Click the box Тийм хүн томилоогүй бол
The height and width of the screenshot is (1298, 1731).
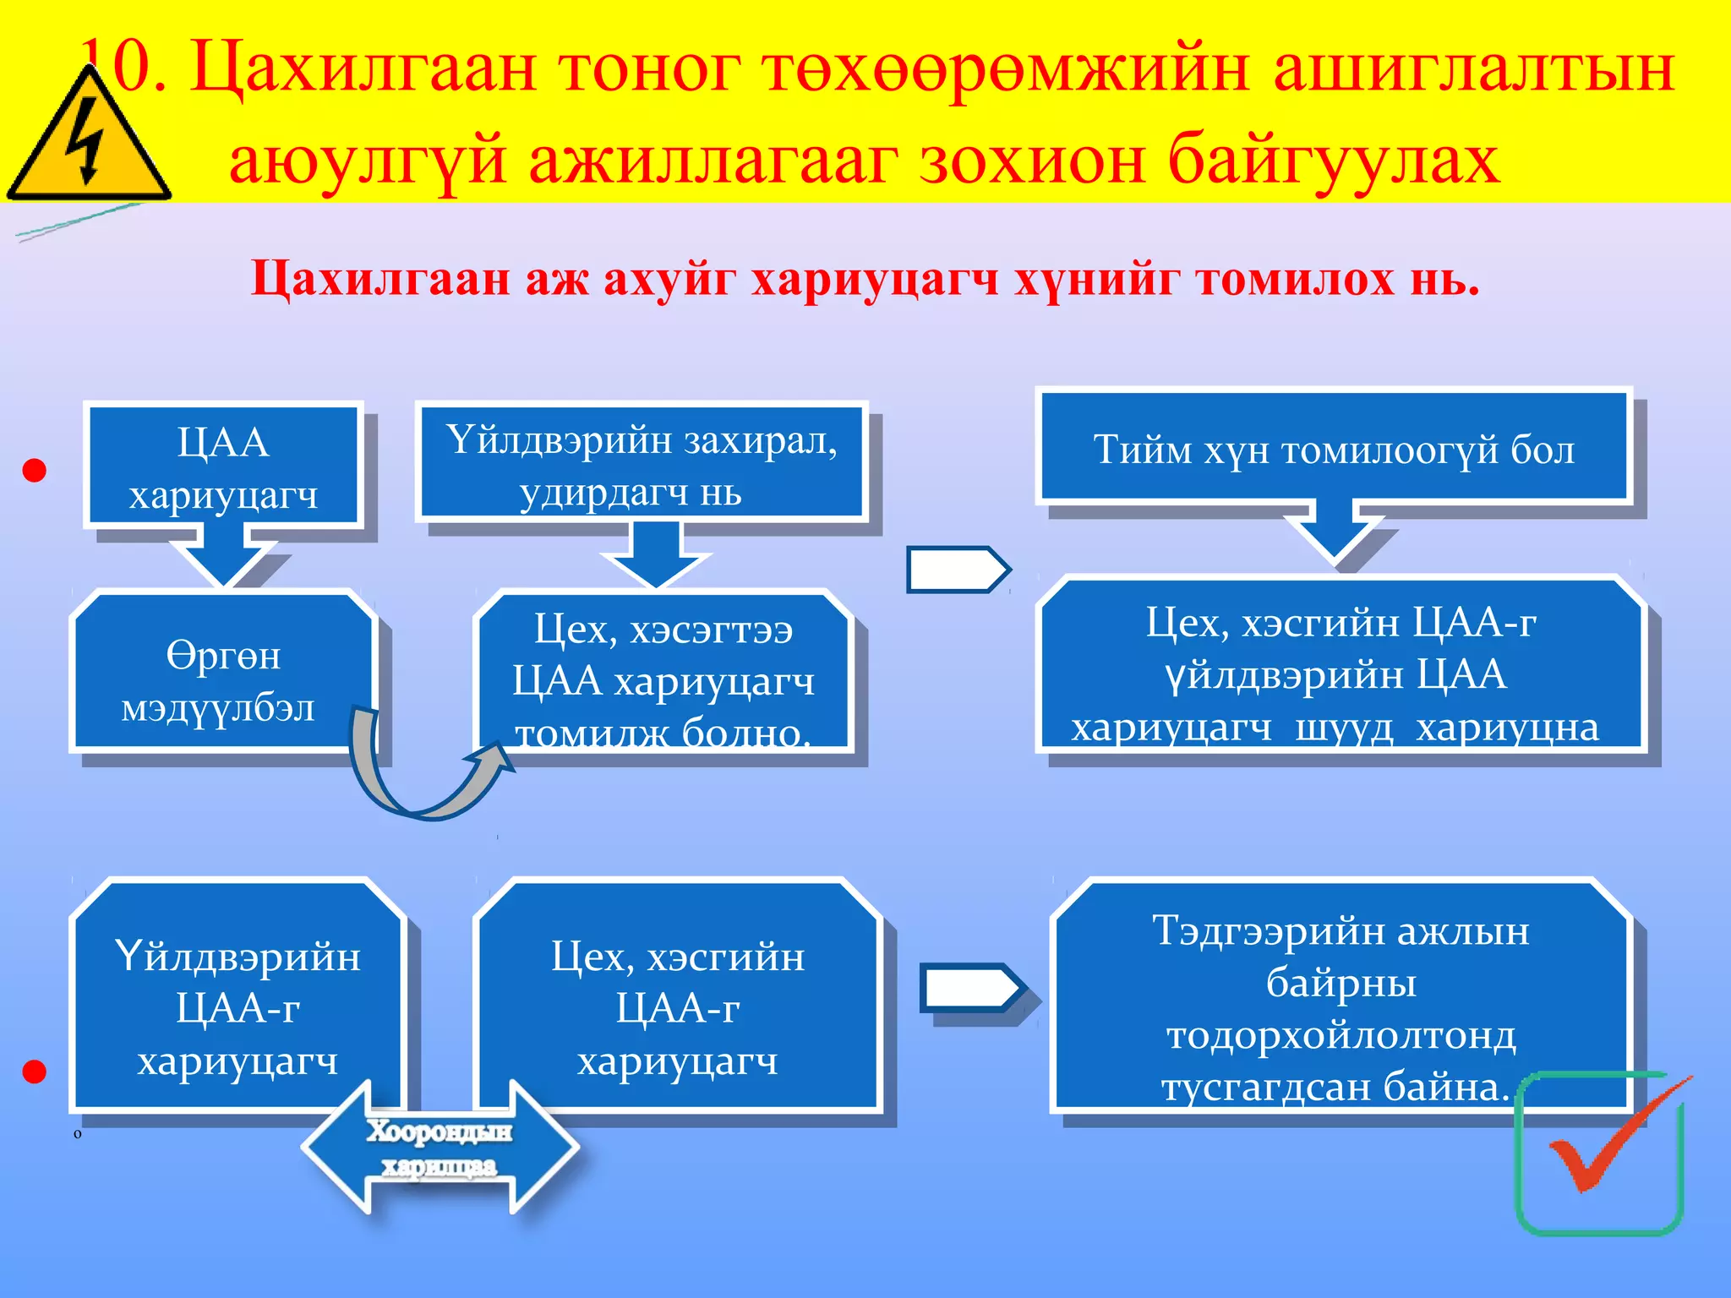coord(1334,448)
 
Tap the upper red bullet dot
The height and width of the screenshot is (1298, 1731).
coord(34,471)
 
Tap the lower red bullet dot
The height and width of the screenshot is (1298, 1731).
coord(34,1072)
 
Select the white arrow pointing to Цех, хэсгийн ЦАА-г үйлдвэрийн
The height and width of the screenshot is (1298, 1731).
coord(957,570)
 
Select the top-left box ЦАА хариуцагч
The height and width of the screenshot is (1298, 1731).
coord(223,466)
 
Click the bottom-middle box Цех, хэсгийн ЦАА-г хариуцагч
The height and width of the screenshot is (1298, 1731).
coord(677,997)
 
